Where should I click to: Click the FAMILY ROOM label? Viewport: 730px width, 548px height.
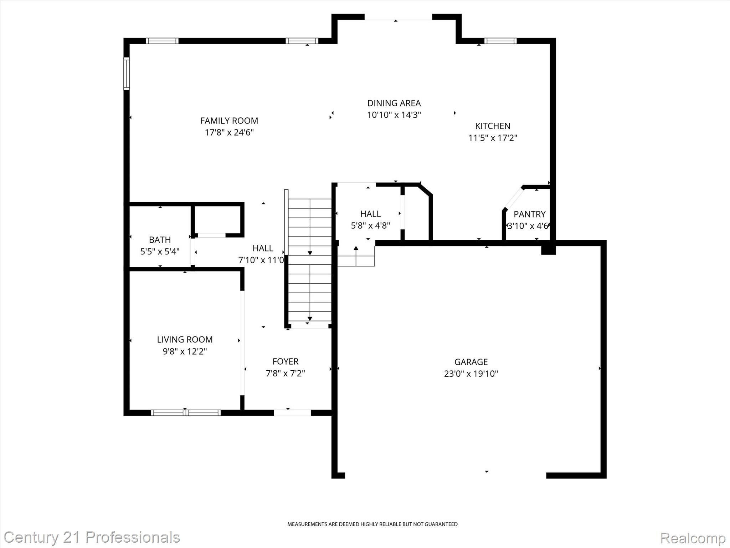229,121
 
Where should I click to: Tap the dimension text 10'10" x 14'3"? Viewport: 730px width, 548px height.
394,115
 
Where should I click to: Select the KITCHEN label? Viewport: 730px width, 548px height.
493,126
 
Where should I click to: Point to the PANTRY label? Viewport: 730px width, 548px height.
529,214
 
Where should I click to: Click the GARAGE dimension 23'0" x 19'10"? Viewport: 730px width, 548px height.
471,374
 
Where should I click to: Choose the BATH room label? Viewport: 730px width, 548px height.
160,240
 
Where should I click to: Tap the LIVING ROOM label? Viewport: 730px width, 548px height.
185,340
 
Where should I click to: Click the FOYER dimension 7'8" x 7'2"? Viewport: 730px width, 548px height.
285,373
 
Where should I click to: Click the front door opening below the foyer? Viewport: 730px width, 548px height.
292,413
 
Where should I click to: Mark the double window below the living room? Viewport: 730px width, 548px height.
185,413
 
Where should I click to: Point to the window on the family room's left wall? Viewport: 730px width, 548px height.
127,73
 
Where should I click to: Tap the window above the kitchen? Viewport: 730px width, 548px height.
500,41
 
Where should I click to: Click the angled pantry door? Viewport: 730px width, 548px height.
513,198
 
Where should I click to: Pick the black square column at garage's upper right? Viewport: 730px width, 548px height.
548,248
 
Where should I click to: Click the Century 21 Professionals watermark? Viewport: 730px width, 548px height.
92,537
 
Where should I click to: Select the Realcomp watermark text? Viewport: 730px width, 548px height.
693,538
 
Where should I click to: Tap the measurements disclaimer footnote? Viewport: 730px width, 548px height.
372,524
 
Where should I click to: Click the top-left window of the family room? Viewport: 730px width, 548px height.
162,41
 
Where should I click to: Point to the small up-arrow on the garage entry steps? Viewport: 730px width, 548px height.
356,249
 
